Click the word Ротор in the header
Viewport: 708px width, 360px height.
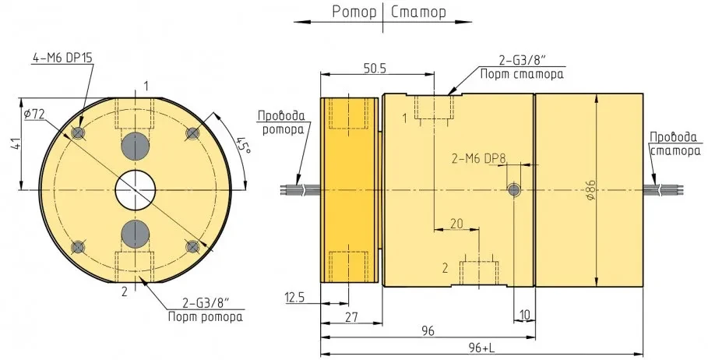(354, 12)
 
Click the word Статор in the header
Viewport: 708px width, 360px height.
(418, 12)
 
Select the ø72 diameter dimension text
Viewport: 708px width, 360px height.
(35, 115)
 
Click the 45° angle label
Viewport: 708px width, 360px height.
(243, 146)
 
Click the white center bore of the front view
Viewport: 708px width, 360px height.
(136, 190)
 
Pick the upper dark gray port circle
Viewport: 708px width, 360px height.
(136, 146)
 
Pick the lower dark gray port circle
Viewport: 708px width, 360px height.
(136, 234)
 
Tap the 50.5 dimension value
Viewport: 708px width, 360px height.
(375, 69)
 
